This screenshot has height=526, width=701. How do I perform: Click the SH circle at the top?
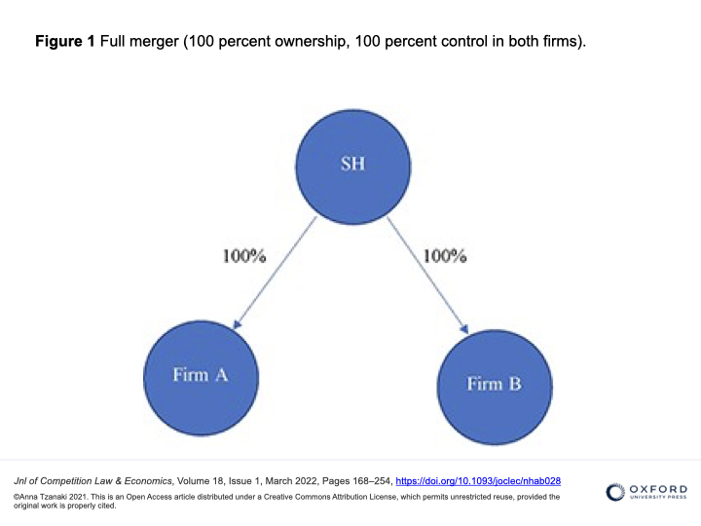click(353, 167)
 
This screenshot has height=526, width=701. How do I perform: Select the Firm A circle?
click(201, 378)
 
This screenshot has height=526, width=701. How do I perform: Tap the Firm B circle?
click(495, 388)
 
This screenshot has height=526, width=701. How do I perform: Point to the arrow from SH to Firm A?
click(275, 273)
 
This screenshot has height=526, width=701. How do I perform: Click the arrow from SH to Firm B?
click(427, 276)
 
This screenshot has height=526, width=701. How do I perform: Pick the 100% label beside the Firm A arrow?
click(244, 256)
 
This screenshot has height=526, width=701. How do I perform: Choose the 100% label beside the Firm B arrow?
click(445, 256)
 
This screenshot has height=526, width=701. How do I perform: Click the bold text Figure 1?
click(65, 41)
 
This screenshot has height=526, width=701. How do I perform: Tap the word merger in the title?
click(154, 42)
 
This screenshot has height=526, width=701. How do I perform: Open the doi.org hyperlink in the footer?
click(478, 481)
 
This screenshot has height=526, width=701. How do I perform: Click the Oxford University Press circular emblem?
click(615, 492)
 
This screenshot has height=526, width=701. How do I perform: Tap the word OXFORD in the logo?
click(658, 489)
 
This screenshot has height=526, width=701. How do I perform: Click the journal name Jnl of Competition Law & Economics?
click(93, 481)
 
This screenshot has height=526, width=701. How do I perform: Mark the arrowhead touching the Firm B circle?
click(464, 329)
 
